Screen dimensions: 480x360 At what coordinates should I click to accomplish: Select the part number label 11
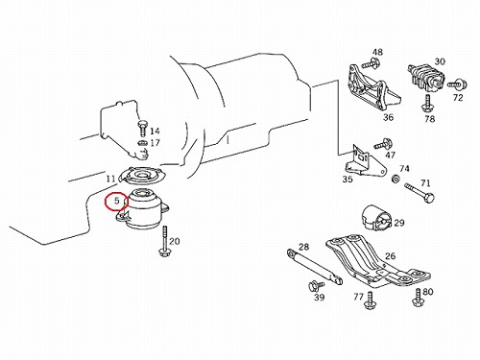point(111,179)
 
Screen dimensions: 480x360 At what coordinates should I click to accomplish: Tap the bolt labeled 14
point(142,128)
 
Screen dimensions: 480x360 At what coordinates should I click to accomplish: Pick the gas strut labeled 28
point(315,266)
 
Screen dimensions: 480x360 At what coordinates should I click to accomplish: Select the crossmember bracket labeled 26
point(377,260)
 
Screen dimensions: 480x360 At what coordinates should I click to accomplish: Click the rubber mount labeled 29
point(376,218)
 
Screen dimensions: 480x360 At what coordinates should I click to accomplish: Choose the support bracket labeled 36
point(372,86)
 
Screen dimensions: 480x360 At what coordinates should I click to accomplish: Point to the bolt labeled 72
point(457,84)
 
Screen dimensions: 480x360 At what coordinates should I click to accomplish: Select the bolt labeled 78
point(426,103)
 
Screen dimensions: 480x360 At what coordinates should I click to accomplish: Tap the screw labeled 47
point(383,144)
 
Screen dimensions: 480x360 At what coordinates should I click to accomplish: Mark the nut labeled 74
point(396,179)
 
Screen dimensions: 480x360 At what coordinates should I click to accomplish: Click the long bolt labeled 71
point(420,192)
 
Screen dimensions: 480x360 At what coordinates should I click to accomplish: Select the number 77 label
point(359,297)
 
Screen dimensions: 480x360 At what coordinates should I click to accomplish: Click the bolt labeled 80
point(419,298)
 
